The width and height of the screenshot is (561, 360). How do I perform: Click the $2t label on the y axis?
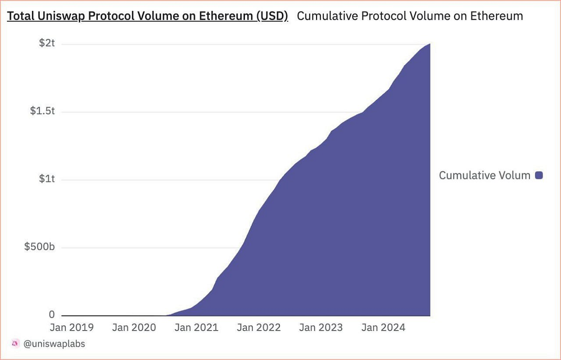(x=48, y=44)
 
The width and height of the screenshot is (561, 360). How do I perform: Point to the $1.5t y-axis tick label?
(x=43, y=112)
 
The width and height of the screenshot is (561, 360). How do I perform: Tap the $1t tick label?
(x=48, y=180)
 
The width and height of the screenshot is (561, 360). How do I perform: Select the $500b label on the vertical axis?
(x=40, y=247)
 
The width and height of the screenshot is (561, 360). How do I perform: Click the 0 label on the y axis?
(x=52, y=314)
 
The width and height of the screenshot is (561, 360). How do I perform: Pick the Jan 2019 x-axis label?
(x=71, y=327)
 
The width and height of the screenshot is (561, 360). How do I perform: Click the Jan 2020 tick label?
(x=134, y=327)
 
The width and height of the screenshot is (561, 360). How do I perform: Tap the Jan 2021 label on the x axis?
(x=196, y=327)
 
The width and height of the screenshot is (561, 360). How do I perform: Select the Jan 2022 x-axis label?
(x=259, y=327)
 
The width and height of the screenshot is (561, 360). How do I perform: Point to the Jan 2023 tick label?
(x=321, y=327)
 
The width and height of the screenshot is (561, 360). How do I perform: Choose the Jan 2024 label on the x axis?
(x=383, y=327)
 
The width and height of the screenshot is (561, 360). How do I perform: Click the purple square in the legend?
(x=539, y=175)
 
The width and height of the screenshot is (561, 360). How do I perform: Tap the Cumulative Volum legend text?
(x=484, y=175)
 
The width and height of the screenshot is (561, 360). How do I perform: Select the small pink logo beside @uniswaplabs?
(x=14, y=344)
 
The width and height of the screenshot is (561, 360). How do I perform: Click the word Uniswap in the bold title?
(x=59, y=16)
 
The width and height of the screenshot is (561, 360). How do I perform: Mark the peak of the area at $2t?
(x=429, y=44)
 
